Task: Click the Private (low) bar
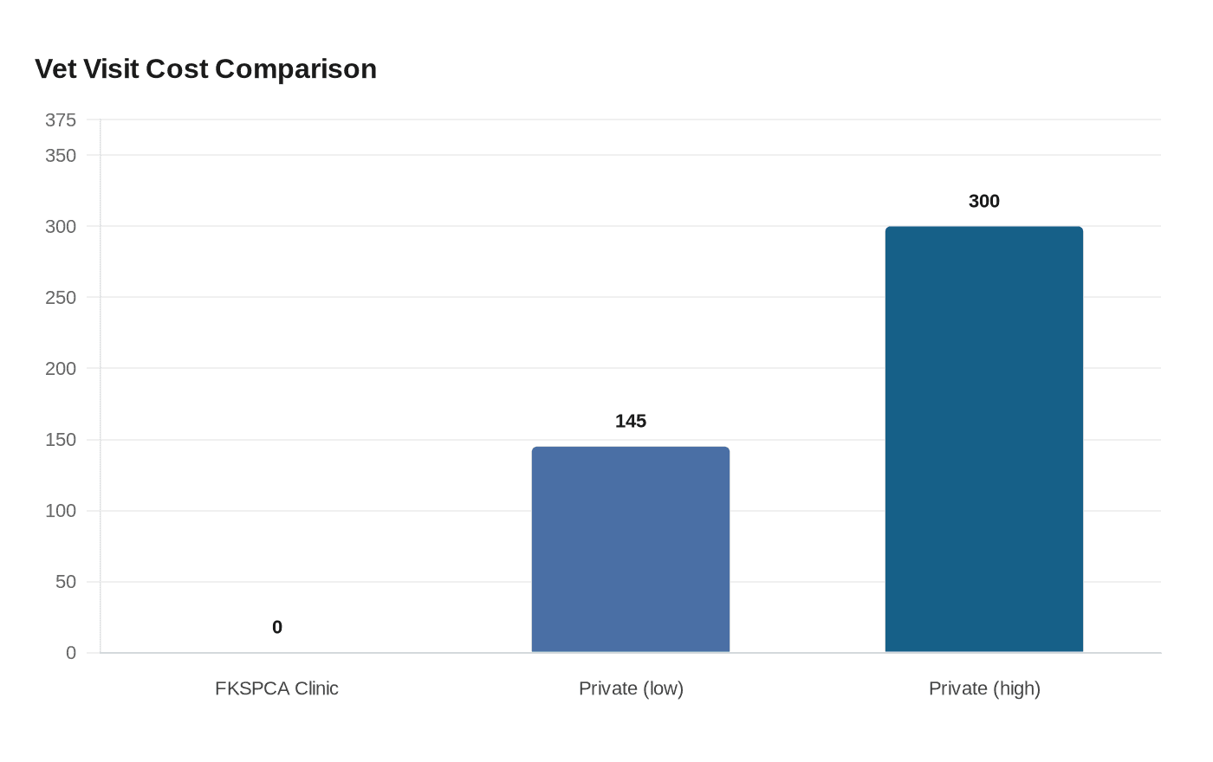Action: [x=631, y=549]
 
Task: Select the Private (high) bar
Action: [x=984, y=439]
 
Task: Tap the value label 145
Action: [x=631, y=421]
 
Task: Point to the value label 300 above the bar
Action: [x=984, y=201]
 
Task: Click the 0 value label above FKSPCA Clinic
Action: [x=277, y=627]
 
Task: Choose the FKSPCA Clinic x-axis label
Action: [x=276, y=688]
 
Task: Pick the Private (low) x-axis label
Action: [x=631, y=688]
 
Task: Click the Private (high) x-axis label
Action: [x=984, y=688]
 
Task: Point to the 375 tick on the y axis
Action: [x=61, y=119]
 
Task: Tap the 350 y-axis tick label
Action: [x=61, y=155]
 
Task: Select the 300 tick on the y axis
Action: [x=61, y=226]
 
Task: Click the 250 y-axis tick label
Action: [x=61, y=297]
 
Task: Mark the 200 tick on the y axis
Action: [x=61, y=368]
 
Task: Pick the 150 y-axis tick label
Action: [x=61, y=440]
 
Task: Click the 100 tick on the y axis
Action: [x=61, y=511]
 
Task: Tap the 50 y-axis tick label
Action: [x=66, y=582]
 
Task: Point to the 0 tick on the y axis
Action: [x=71, y=653]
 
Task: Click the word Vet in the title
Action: [x=56, y=68]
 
